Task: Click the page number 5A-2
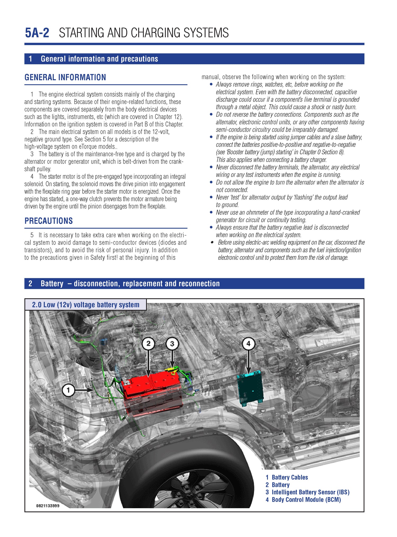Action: point(37,33)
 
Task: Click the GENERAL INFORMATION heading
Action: point(65,77)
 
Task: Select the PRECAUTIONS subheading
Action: point(48,221)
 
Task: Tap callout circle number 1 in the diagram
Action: point(68,390)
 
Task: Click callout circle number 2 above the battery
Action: point(148,344)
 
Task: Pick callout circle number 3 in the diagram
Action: point(172,344)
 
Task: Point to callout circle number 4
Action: point(248,344)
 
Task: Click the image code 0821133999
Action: point(48,506)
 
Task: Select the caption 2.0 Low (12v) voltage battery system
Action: point(85,305)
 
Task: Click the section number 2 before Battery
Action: point(30,284)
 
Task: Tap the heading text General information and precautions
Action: point(99,59)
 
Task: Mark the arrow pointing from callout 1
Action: point(84,390)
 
